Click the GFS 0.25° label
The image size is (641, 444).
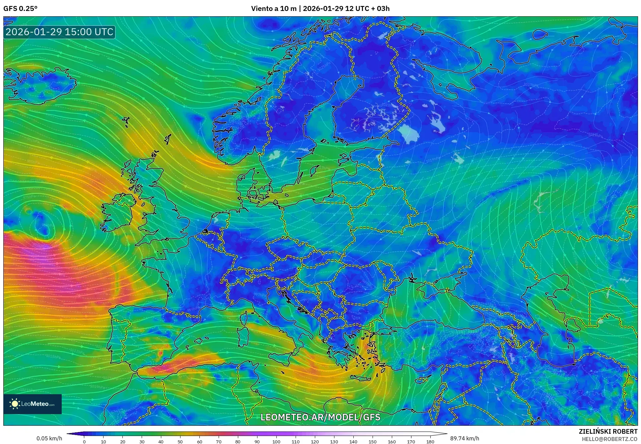[20, 9]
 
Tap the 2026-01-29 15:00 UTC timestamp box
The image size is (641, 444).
[59, 32]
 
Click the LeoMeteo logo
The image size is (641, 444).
[33, 404]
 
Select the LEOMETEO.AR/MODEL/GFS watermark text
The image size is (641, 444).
[320, 417]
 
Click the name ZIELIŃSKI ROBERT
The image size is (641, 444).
[608, 431]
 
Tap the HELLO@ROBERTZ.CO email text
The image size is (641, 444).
[609, 439]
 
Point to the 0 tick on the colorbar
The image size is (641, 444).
[84, 441]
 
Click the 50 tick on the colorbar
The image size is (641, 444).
[180, 441]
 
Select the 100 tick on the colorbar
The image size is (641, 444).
[276, 441]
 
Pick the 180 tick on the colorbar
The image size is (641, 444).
[430, 441]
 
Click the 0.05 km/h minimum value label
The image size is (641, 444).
[49, 438]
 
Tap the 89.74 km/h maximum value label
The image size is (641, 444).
[464, 438]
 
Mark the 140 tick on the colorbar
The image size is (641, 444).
[353, 441]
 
